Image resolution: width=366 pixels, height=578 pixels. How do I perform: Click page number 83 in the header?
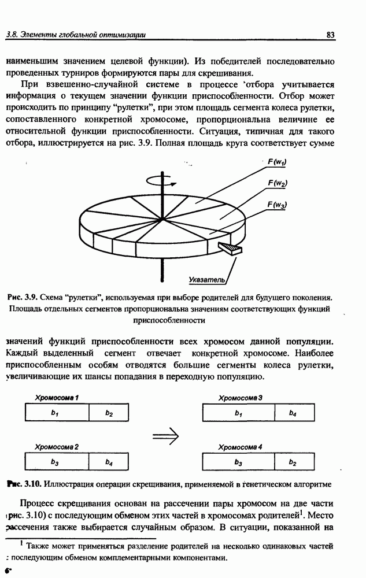click(x=331, y=35)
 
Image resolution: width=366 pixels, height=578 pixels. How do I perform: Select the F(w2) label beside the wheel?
click(x=278, y=183)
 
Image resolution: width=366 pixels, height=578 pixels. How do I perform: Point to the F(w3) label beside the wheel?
click(x=278, y=205)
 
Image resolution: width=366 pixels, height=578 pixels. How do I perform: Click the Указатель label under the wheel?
click(x=206, y=280)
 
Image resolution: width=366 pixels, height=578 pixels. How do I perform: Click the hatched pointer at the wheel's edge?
click(x=230, y=249)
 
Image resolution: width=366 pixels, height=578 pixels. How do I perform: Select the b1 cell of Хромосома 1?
click(x=56, y=413)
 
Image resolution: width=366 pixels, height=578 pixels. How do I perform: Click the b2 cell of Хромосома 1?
click(x=108, y=413)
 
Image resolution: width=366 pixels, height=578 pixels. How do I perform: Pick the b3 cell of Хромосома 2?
click(x=56, y=462)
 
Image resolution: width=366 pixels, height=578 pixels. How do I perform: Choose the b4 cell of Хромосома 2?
click(x=108, y=462)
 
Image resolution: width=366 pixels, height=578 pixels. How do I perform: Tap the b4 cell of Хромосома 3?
click(x=293, y=413)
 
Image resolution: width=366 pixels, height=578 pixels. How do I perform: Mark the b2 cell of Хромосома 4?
click(x=293, y=462)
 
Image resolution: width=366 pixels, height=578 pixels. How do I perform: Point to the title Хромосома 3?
click(x=241, y=398)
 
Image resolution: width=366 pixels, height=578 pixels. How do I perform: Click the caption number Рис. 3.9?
click(x=23, y=297)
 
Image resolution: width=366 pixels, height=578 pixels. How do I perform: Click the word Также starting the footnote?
click(x=38, y=545)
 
